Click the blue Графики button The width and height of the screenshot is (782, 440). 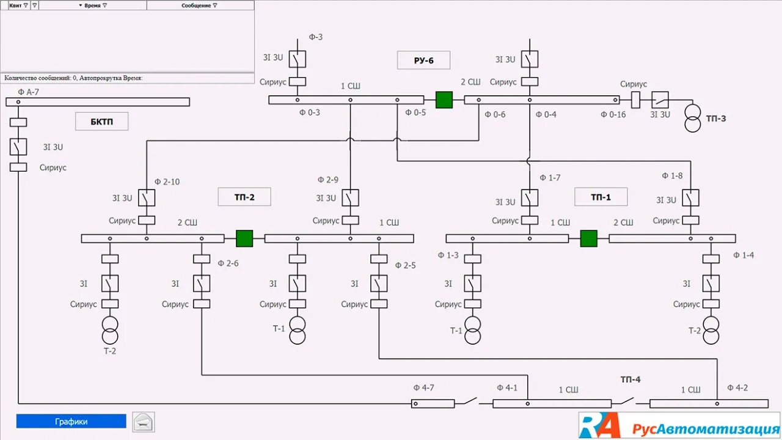point(71,421)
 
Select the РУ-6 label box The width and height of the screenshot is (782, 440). point(423,60)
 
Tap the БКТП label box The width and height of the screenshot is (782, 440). point(101,121)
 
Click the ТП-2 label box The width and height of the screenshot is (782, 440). point(244,197)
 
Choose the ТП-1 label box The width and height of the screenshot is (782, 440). point(601,197)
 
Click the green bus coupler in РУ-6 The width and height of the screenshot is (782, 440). point(444,100)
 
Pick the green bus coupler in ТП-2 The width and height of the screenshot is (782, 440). point(244,238)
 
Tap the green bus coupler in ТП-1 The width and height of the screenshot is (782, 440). point(588,238)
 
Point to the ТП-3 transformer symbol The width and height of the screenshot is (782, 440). point(692,118)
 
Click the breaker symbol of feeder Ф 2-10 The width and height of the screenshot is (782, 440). point(147,198)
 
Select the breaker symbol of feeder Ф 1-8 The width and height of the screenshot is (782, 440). point(691,198)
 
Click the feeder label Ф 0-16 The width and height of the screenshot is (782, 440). point(613,114)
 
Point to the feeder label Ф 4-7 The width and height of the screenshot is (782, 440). point(423,387)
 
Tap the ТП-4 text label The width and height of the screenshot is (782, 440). point(630,380)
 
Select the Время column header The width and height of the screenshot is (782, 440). point(93,5)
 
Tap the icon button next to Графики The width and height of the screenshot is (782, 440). point(144,422)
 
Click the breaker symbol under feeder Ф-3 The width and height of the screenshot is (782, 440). point(298,59)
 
